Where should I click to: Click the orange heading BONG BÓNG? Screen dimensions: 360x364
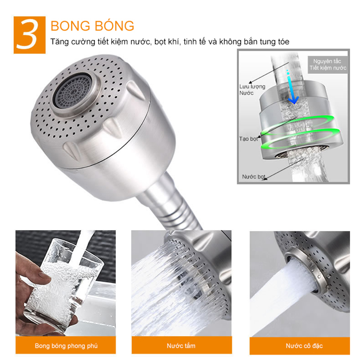coord(92,26)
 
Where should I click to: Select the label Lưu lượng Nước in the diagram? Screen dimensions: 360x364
coord(252,89)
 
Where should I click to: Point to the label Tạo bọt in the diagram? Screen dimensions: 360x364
coord(248,138)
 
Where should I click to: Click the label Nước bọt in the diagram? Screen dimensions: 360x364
coord(253,177)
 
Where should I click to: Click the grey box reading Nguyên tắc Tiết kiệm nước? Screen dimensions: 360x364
coord(328,65)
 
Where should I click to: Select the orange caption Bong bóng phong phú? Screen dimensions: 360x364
coord(66,346)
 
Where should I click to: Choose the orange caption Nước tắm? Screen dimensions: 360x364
coord(181,346)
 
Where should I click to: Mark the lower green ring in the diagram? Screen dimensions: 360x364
coord(297,139)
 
